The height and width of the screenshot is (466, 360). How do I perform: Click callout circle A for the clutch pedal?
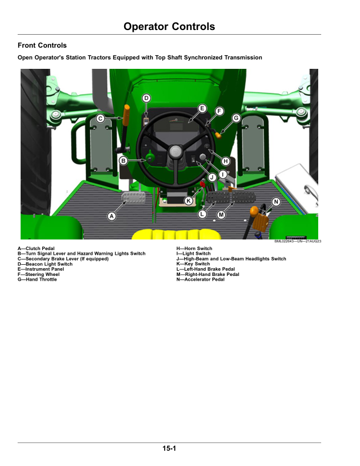(111, 217)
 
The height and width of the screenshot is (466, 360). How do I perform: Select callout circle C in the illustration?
(101, 119)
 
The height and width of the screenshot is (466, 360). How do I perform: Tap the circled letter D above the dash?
(146, 98)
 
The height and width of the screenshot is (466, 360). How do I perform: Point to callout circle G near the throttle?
(236, 118)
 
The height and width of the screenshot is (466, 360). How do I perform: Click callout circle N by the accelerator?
(276, 202)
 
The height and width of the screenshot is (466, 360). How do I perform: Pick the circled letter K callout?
(189, 201)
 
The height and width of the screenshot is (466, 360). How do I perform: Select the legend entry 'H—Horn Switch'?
(195, 249)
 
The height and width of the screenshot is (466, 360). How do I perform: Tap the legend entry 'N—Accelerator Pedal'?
(201, 279)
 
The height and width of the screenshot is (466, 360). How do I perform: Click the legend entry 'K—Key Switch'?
(193, 264)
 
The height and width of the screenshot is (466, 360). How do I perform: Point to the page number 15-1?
(169, 449)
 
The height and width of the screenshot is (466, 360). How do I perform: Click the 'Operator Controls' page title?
(169, 27)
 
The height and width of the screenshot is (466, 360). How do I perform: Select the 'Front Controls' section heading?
(42, 45)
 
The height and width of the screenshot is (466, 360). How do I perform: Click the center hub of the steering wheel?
(175, 152)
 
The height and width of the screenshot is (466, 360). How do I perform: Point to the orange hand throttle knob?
(218, 135)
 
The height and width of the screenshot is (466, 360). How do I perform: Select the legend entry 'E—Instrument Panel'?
(41, 269)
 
